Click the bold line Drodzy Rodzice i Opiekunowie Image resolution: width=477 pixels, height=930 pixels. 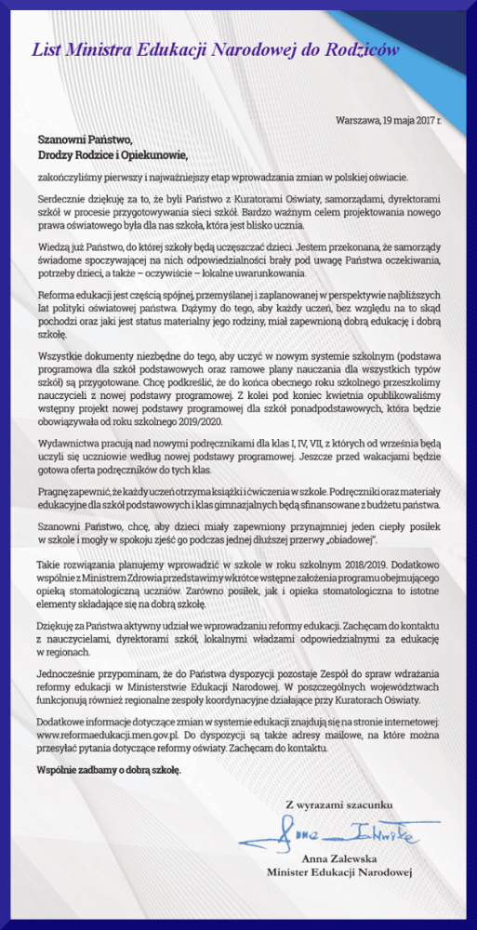coord(113,155)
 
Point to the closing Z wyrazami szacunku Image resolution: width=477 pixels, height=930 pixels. coord(340,803)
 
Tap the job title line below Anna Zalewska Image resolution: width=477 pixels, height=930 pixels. coord(338,873)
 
